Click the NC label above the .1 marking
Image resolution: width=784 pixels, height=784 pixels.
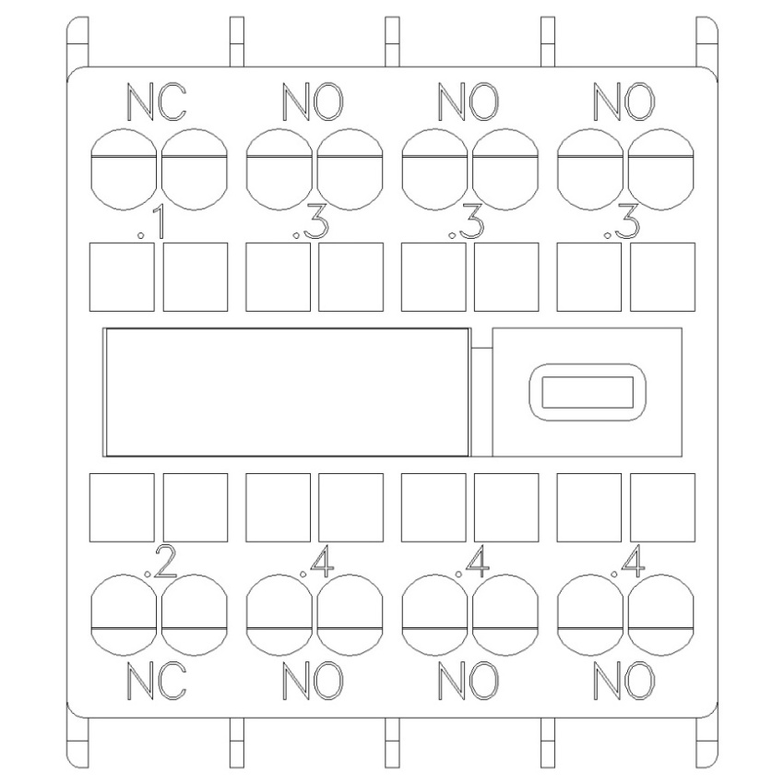click(x=157, y=102)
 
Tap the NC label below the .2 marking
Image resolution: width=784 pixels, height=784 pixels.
click(x=157, y=681)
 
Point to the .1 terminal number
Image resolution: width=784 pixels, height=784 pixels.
click(x=151, y=223)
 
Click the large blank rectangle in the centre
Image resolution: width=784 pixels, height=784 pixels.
click(x=287, y=392)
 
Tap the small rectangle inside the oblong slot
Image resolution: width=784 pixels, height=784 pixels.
click(x=588, y=391)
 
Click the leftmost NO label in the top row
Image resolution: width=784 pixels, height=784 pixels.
click(x=313, y=102)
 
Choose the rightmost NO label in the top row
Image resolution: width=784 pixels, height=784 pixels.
click(x=624, y=102)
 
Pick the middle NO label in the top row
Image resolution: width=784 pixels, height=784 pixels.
click(x=469, y=102)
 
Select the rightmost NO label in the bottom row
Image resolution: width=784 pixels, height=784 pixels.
click(x=624, y=681)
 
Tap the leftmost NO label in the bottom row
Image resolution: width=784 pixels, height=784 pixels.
click(x=313, y=681)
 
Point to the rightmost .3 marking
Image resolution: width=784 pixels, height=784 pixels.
click(x=622, y=223)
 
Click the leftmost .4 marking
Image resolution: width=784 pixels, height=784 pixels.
click(x=316, y=562)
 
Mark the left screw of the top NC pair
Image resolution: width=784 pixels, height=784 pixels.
click(x=124, y=170)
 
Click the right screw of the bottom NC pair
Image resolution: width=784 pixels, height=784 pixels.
click(x=195, y=614)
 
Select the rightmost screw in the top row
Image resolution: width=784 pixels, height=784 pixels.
click(x=661, y=170)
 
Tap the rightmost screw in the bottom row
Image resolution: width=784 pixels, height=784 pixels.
click(x=661, y=614)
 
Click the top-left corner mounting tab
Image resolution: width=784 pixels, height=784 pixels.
click(x=77, y=42)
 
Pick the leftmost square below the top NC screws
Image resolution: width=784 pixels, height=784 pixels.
click(x=122, y=277)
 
